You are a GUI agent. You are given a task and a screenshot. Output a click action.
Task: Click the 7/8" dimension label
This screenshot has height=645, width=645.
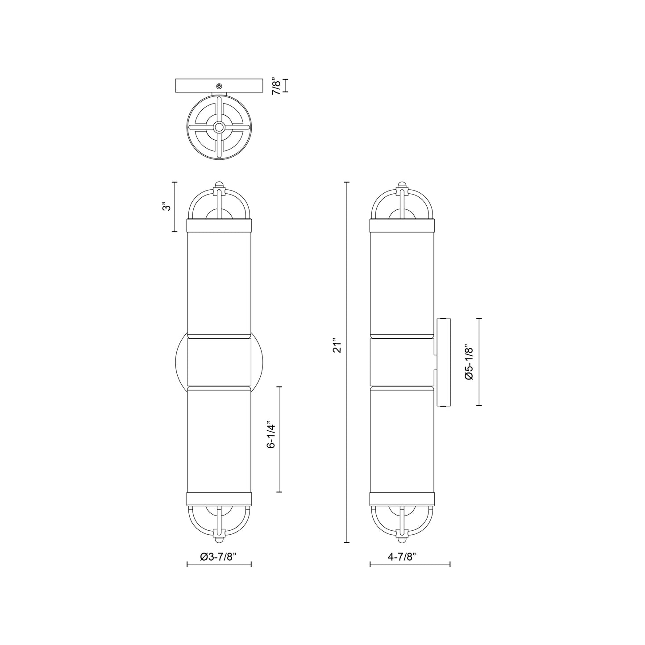pos(277,86)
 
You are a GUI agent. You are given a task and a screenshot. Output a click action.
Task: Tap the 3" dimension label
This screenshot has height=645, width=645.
pos(166,207)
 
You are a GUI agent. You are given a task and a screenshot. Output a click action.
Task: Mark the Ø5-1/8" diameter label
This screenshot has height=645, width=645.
pos(469,362)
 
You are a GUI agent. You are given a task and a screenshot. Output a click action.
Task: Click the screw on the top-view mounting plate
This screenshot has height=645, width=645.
pos(219,86)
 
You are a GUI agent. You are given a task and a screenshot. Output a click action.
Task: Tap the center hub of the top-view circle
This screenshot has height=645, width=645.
pos(219,127)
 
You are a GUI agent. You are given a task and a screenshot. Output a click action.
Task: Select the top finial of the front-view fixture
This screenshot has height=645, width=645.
pos(219,185)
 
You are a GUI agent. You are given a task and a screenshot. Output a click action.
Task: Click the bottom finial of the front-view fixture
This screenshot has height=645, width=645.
pos(219,539)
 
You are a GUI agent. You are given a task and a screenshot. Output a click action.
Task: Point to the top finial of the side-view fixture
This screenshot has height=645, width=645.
pos(402,185)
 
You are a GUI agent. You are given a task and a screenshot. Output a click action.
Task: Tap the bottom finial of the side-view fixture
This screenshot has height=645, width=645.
pos(402,539)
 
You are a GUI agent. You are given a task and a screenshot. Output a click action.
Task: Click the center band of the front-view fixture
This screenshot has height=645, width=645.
pos(219,362)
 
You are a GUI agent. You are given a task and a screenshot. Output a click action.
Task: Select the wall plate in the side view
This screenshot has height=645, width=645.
pos(444,362)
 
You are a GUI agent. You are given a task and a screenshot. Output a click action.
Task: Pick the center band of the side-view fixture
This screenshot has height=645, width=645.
pos(402,362)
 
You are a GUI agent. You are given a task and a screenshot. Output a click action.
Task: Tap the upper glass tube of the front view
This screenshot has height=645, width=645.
pos(219,283)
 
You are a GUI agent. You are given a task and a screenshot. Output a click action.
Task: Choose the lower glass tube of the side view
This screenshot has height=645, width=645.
pos(402,440)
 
